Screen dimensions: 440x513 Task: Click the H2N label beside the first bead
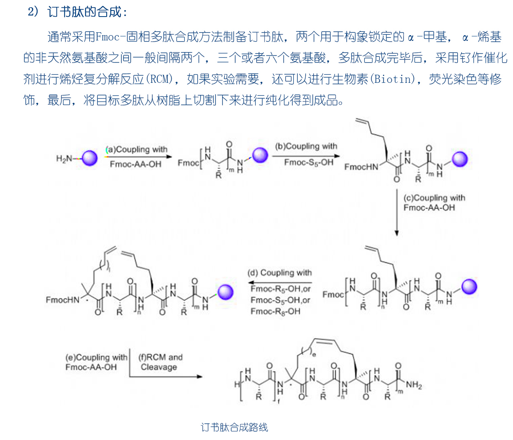64,159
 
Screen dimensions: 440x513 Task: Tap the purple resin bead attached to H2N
89,158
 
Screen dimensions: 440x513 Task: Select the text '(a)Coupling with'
137,149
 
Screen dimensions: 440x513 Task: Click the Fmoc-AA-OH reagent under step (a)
135,164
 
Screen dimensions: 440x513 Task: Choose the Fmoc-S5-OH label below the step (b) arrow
309,162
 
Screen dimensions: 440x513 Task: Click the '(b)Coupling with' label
306,146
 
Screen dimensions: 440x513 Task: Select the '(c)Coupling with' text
434,198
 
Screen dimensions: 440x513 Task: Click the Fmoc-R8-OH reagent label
275,312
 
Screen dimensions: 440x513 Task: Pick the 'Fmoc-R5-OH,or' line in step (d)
280,289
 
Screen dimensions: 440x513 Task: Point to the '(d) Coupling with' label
280,273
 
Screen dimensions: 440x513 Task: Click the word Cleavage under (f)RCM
159,367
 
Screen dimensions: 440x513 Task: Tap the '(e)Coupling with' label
96,358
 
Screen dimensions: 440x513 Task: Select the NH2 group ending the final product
414,385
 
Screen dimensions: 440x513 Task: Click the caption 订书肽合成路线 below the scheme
234,427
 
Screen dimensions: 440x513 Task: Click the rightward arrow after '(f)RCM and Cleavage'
166,377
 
